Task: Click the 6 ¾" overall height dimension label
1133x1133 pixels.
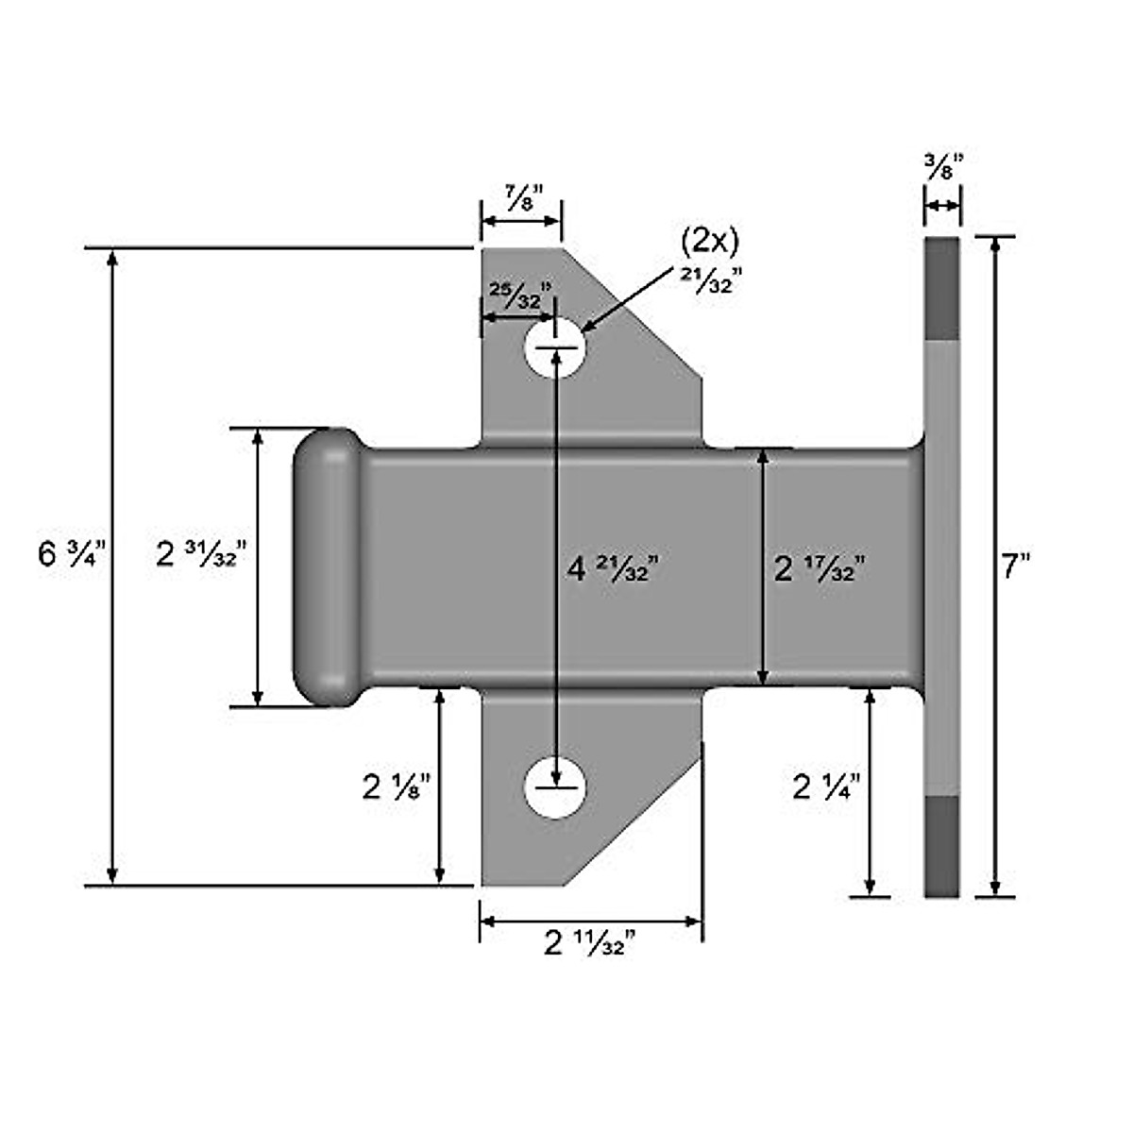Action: (x=75, y=553)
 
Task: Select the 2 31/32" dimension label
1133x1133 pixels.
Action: (x=201, y=554)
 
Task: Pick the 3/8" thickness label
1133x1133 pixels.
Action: (x=943, y=168)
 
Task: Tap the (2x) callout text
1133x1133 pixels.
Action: (x=709, y=242)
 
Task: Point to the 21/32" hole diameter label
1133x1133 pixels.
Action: (x=704, y=279)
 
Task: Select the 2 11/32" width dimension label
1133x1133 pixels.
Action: (x=589, y=942)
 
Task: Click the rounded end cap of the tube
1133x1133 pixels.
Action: (x=326, y=566)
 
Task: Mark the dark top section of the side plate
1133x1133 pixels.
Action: (x=941, y=288)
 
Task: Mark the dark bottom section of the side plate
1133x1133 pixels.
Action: (x=941, y=845)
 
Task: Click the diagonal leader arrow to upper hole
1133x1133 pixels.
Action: (x=631, y=297)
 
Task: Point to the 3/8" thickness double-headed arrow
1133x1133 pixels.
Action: (x=941, y=206)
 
